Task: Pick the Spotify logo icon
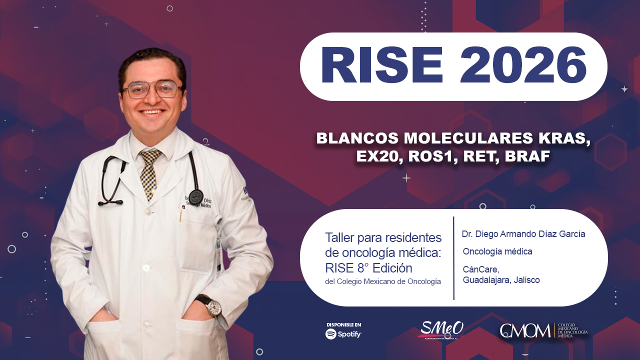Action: pos(331,334)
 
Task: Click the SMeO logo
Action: pos(442,329)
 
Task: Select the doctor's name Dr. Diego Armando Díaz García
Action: pos(523,234)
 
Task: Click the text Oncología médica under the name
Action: pos(497,251)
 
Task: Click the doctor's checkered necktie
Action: pos(148,172)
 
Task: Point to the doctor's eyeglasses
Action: pos(152,89)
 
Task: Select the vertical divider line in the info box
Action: pos(453,258)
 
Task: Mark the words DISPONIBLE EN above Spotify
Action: pos(343,324)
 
